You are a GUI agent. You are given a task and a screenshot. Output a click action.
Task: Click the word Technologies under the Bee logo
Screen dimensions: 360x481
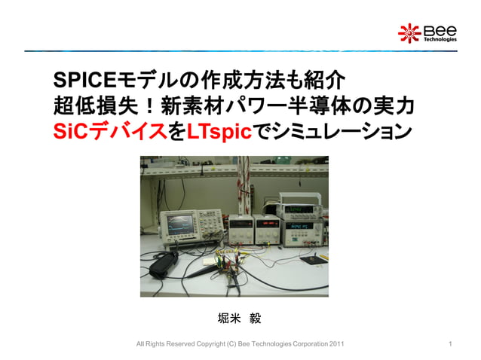tap(439, 40)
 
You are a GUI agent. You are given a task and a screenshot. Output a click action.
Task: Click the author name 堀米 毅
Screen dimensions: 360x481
tap(239, 318)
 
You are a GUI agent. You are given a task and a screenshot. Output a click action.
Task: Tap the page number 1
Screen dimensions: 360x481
tap(450, 344)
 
